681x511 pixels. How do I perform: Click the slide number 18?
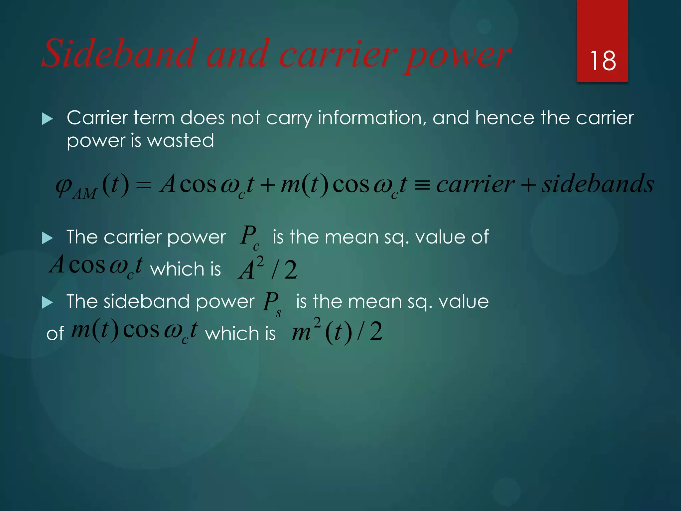pos(603,61)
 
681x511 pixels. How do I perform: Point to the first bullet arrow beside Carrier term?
pos(48,119)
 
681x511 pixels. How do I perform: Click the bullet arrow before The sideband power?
pos(48,303)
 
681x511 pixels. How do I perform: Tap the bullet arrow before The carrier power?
pos(48,238)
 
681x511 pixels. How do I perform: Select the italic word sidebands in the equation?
pos(598,184)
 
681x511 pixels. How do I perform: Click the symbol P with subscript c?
pos(249,237)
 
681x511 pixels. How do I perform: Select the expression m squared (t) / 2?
pos(337,332)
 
